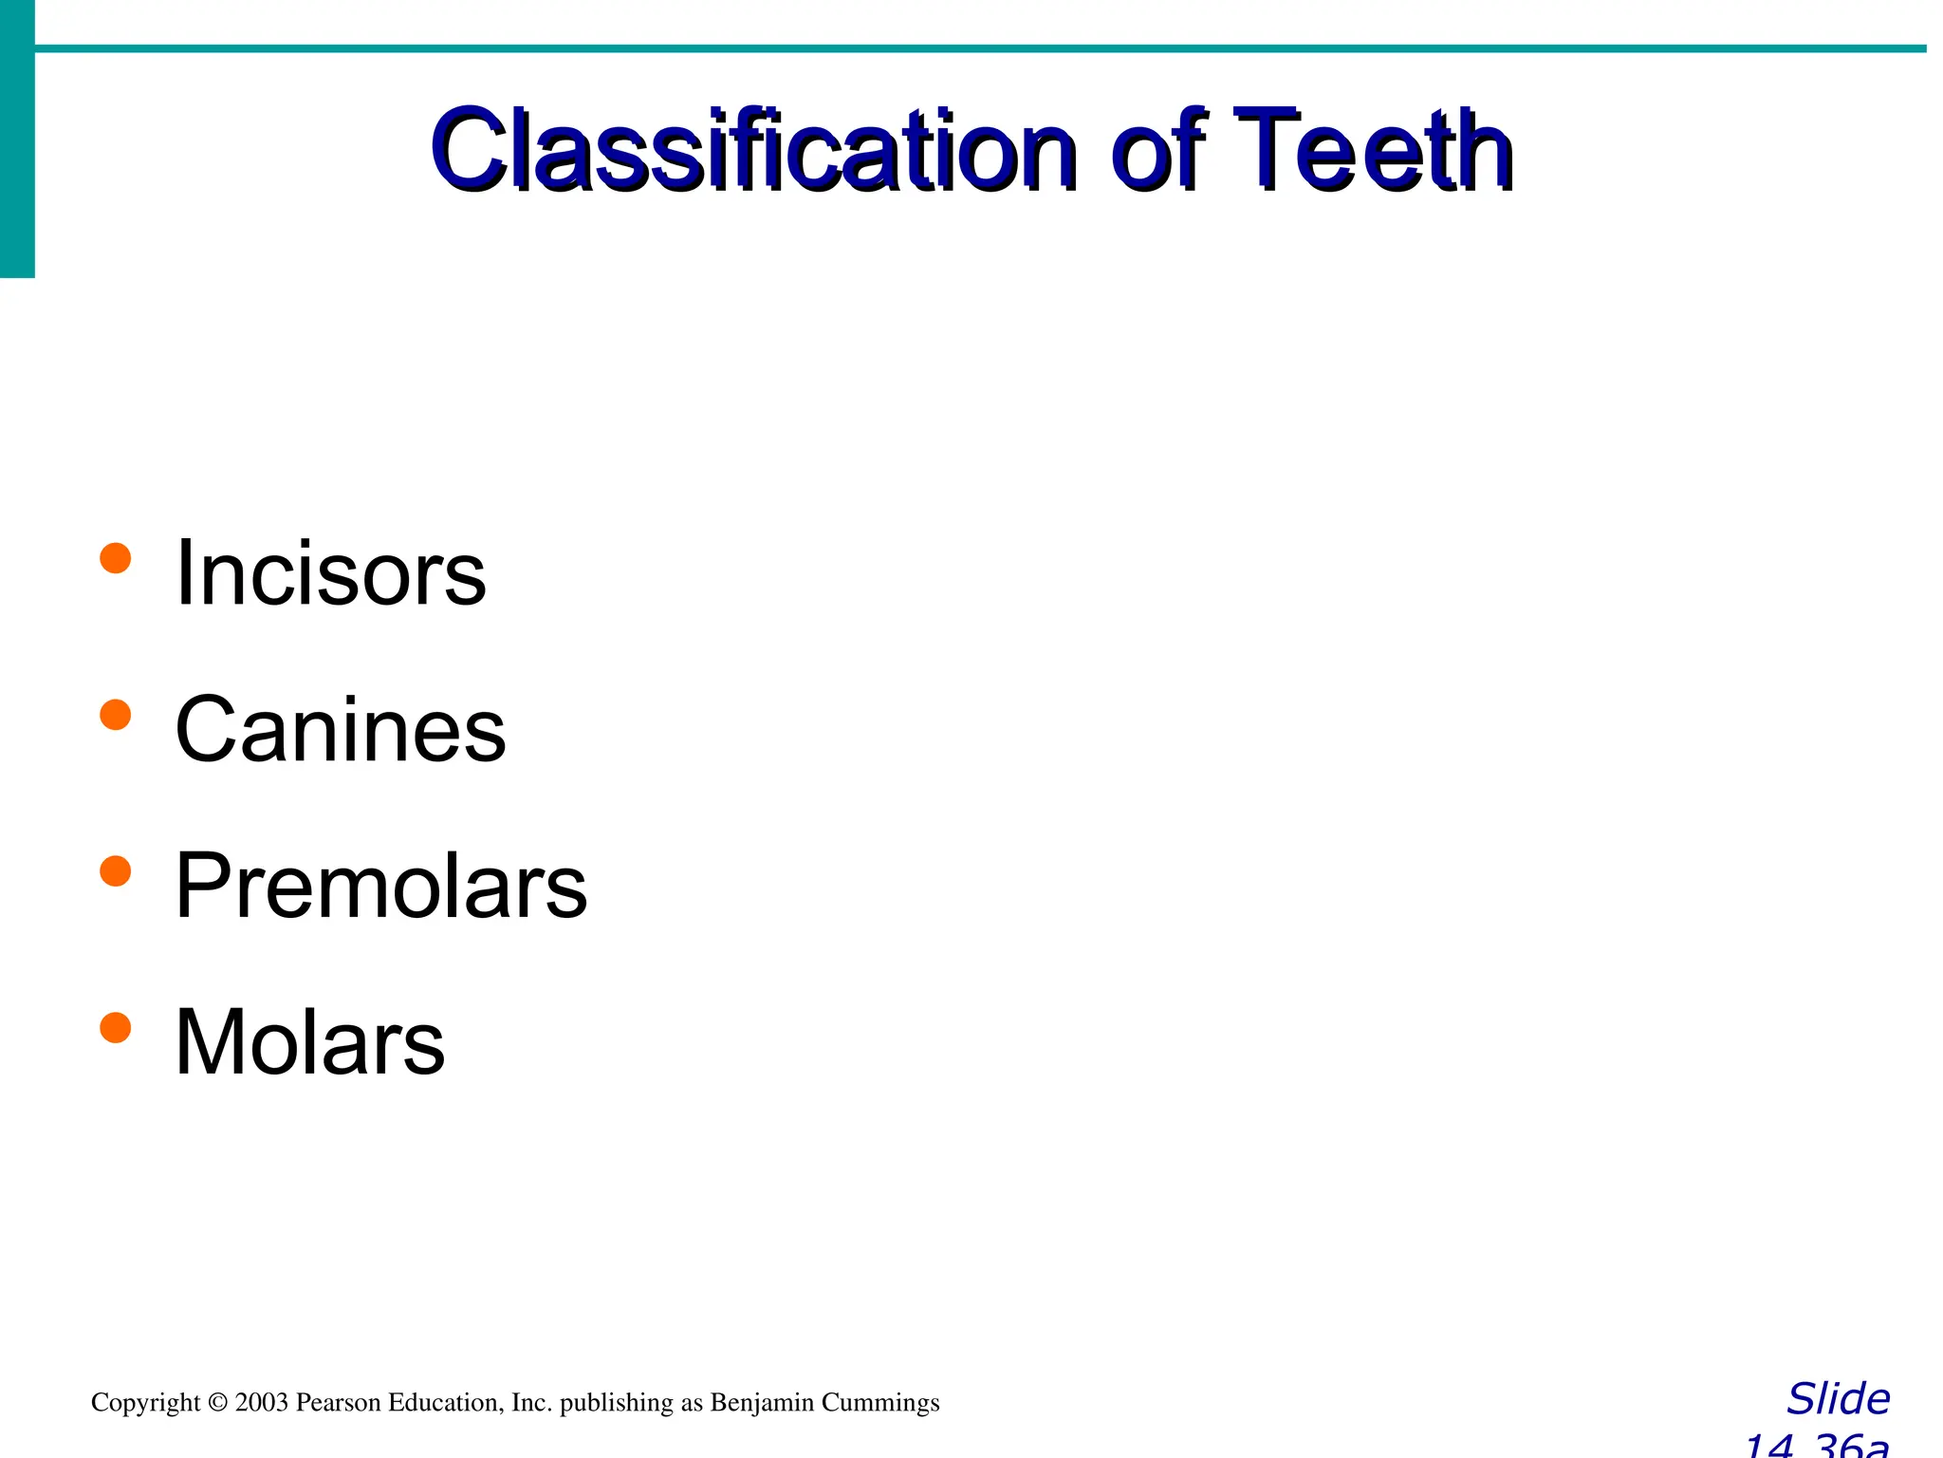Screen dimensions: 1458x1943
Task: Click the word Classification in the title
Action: click(x=754, y=150)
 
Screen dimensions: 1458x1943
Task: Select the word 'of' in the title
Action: click(x=1163, y=150)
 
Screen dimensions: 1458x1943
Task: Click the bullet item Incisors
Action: click(x=330, y=572)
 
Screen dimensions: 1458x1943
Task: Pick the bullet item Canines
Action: click(x=341, y=729)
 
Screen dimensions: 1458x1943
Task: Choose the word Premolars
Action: click(x=380, y=886)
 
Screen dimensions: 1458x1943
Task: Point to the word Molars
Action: click(x=309, y=1042)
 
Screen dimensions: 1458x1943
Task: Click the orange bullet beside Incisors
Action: click(x=115, y=558)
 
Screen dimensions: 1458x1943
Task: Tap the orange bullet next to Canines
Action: click(x=115, y=715)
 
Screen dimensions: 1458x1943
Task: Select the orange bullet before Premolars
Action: click(x=115, y=870)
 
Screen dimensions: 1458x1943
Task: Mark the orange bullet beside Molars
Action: click(x=115, y=1027)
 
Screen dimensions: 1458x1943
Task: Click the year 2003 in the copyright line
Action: click(x=261, y=1402)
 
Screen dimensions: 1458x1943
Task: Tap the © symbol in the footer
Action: click(x=217, y=1402)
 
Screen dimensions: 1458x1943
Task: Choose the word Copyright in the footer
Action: click(x=145, y=1402)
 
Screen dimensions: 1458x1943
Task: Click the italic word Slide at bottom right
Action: click(x=1838, y=1399)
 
